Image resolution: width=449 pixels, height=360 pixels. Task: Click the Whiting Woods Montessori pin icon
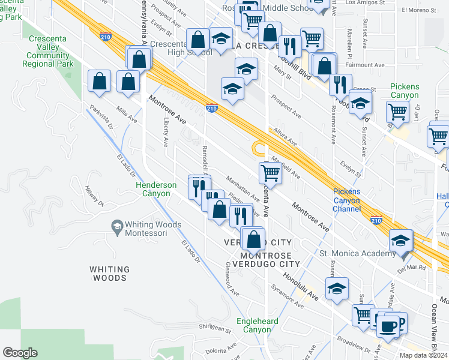[x=117, y=226]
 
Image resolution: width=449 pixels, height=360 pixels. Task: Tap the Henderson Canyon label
[x=156, y=189]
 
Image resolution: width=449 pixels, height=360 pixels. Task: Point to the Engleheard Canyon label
[x=258, y=325]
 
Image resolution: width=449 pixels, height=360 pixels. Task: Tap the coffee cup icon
[x=389, y=326]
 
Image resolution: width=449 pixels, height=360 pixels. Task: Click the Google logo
[x=20, y=353]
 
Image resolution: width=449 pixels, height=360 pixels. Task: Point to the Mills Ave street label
[x=127, y=115]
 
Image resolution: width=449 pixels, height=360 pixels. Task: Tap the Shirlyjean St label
[x=215, y=328]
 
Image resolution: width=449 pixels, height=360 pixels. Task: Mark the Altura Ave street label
[x=284, y=137]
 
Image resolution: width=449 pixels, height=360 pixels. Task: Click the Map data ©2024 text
[x=423, y=355]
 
